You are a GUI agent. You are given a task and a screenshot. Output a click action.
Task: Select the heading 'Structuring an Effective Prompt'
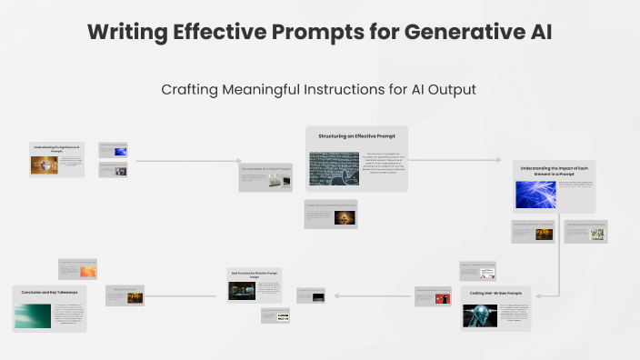click(356, 135)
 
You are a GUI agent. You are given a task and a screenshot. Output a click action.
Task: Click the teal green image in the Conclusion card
click(32, 315)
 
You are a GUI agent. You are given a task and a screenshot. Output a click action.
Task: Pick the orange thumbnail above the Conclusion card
click(88, 271)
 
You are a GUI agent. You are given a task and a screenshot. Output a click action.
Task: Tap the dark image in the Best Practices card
click(243, 290)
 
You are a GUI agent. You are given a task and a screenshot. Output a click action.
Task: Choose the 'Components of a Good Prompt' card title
click(265, 169)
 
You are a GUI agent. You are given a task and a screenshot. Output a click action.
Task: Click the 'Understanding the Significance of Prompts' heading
click(57, 147)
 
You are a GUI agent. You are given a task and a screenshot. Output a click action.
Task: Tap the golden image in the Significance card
click(44, 164)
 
